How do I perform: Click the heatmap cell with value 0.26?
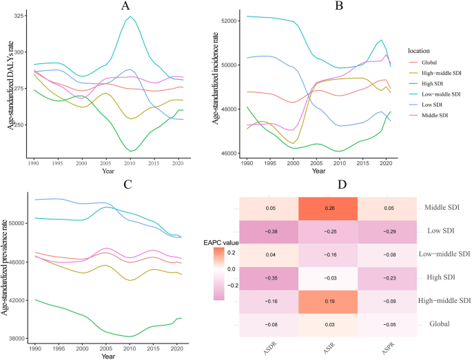pos(328,207)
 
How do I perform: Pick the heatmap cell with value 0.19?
pos(328,300)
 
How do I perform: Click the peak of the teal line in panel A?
pos(129,17)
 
